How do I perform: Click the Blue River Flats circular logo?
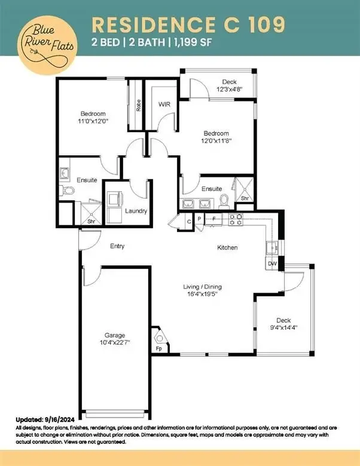click(x=47, y=45)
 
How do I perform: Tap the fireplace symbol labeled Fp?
click(x=160, y=339)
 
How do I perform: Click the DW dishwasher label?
click(x=272, y=263)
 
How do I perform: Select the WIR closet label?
click(x=164, y=105)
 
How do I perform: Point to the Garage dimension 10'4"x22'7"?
click(x=115, y=343)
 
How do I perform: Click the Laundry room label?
click(x=136, y=211)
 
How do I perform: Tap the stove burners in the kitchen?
click(x=236, y=220)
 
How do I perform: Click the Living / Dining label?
click(x=202, y=287)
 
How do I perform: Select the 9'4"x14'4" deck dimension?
click(x=283, y=328)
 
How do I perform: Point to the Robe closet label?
click(x=138, y=105)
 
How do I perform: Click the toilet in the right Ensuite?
click(x=224, y=201)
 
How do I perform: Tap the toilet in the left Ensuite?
click(x=66, y=190)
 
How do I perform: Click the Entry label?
click(x=117, y=246)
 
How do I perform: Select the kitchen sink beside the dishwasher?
click(x=272, y=247)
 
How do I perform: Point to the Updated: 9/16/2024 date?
click(x=45, y=420)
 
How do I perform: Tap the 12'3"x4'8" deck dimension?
click(x=229, y=89)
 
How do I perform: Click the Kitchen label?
click(x=227, y=247)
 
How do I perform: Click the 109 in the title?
click(x=266, y=24)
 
